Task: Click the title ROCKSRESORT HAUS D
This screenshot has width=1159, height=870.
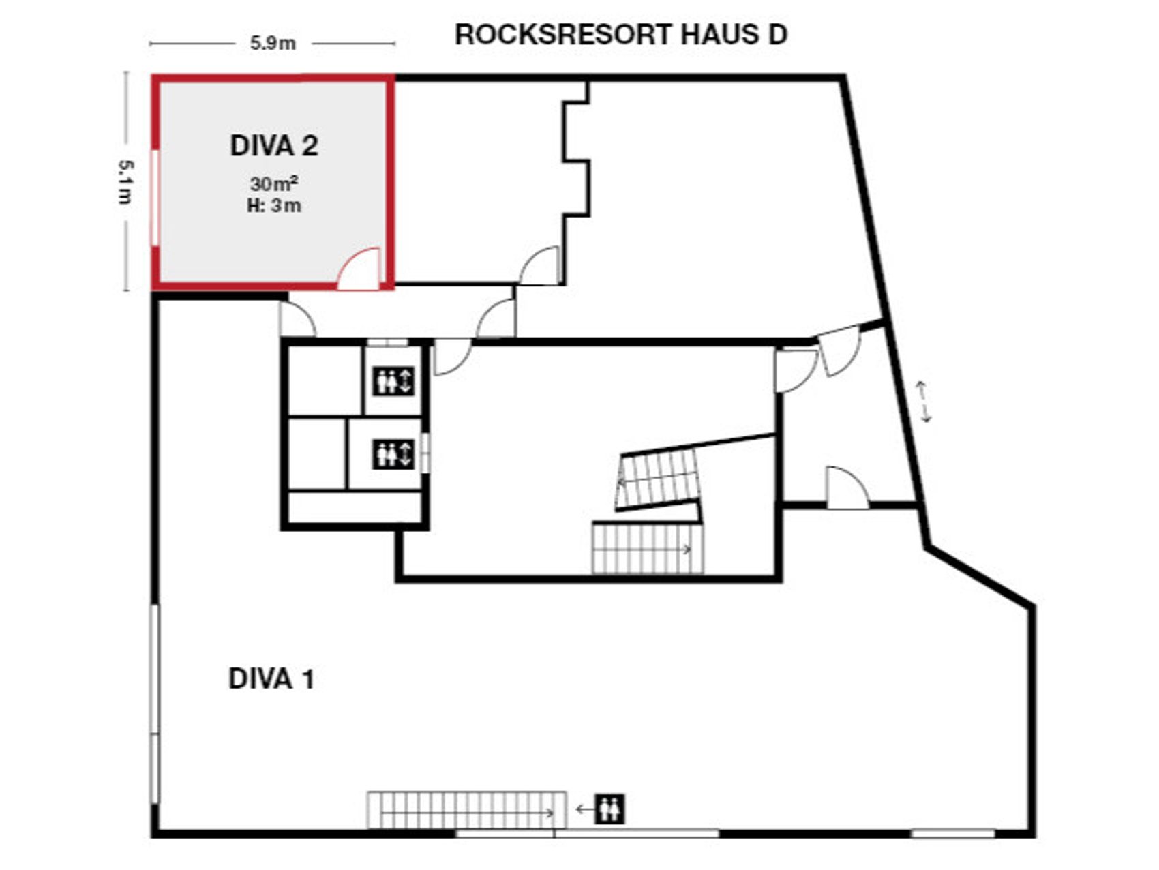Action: (x=620, y=35)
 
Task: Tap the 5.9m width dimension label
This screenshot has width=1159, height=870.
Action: (x=273, y=44)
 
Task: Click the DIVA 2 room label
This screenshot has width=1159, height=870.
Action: (x=274, y=146)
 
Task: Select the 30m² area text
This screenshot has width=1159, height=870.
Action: (x=274, y=183)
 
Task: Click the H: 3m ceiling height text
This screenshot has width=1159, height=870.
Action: (x=274, y=205)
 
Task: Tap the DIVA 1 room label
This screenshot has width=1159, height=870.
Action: (x=271, y=679)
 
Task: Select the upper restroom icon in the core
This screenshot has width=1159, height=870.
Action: (x=393, y=380)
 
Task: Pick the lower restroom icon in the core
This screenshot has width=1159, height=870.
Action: (x=393, y=454)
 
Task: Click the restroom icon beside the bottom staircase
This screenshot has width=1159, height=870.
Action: (x=609, y=809)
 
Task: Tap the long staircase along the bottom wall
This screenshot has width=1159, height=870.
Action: (x=466, y=810)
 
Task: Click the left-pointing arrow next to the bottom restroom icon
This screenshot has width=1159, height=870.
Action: (x=584, y=809)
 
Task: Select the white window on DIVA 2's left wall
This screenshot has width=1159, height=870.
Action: (x=156, y=198)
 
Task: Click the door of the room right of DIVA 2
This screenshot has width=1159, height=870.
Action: (x=541, y=267)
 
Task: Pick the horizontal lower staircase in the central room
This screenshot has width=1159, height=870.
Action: (x=648, y=548)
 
